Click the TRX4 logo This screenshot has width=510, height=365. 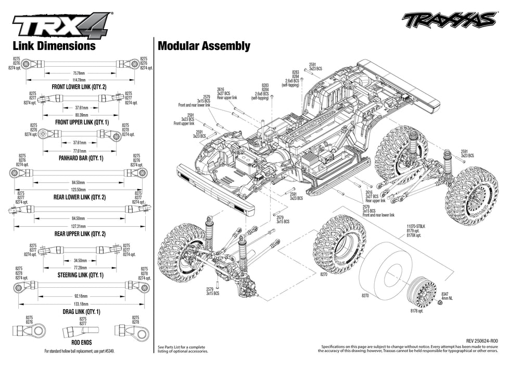coord(61,25)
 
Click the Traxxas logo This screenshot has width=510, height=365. coord(449,20)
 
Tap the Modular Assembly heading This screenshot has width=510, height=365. coord(203,46)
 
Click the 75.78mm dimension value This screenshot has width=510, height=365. coord(79,73)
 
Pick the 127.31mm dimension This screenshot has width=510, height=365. coord(79,226)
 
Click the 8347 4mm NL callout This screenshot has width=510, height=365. coord(448,297)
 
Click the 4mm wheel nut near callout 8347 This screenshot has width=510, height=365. coord(439,304)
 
